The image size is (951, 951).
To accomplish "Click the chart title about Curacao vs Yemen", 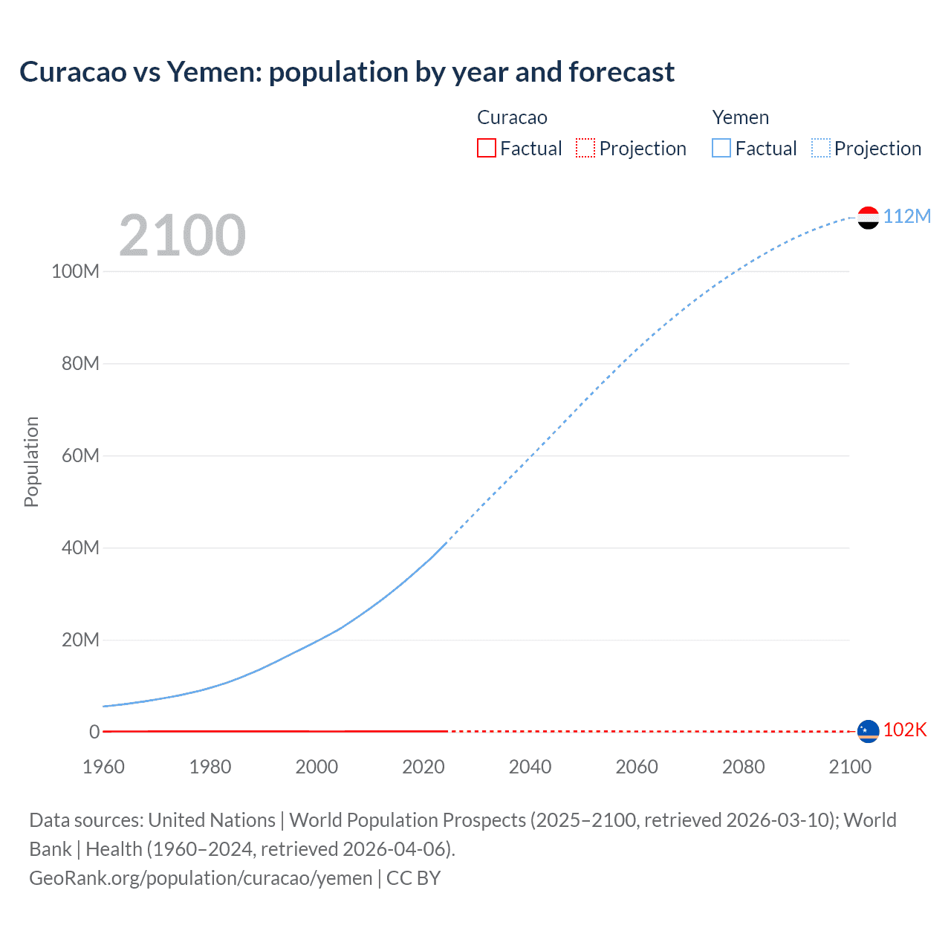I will [347, 72].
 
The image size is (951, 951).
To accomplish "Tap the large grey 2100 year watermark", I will [182, 236].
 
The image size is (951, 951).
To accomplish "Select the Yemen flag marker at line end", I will [868, 218].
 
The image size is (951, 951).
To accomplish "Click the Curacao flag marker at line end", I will [868, 731].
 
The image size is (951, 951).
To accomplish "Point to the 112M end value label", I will [906, 216].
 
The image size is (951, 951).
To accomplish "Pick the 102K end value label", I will [905, 730].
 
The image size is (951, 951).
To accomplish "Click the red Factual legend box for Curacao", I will [487, 148].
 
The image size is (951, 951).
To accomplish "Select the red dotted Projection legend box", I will [585, 148].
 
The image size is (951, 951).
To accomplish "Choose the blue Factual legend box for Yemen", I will [721, 148].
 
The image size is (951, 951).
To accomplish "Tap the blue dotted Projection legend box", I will [821, 148].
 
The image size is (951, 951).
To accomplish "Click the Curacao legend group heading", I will [512, 117].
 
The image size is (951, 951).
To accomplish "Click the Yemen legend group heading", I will [740, 117].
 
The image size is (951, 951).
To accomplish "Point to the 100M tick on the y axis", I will [75, 271].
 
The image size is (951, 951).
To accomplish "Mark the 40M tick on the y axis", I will [80, 548].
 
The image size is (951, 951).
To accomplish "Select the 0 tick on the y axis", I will [94, 732].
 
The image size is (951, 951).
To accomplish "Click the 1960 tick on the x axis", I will [103, 767].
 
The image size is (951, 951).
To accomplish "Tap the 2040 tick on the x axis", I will [530, 767].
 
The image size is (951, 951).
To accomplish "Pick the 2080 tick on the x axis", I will [743, 767].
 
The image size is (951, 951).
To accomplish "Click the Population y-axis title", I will [31, 461].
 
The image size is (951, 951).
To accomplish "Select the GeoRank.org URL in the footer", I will [201, 878].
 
